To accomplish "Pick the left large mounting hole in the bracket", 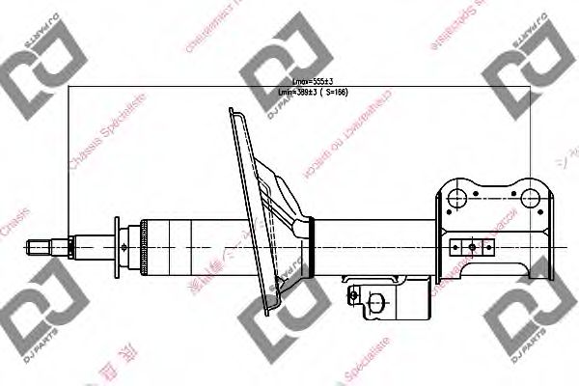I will [457, 199].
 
